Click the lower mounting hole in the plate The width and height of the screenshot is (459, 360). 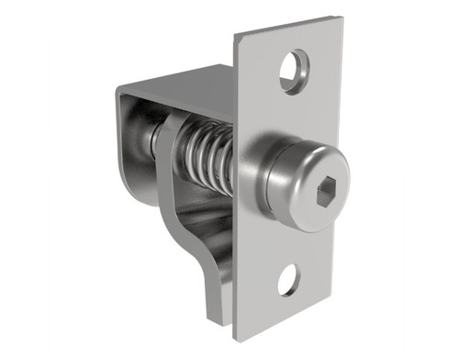[x=289, y=278]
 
